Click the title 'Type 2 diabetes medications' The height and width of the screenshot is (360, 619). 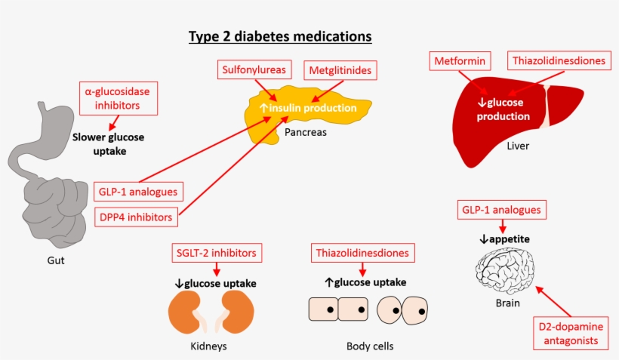pos(279,36)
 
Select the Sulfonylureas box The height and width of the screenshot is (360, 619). pos(254,70)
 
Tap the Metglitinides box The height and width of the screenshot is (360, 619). pos(340,71)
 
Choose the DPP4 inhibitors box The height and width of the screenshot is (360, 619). pos(137,217)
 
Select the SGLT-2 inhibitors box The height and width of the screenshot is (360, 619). pos(217,253)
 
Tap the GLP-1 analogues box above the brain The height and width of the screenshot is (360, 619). pos(501,209)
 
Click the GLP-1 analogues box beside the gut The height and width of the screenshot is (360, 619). pos(137,190)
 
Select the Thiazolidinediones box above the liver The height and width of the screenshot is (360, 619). pos(558,60)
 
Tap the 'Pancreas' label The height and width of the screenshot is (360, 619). pos(306,131)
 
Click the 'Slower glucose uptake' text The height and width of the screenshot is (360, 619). pos(108,144)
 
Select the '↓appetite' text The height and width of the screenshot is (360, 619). pos(501,239)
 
